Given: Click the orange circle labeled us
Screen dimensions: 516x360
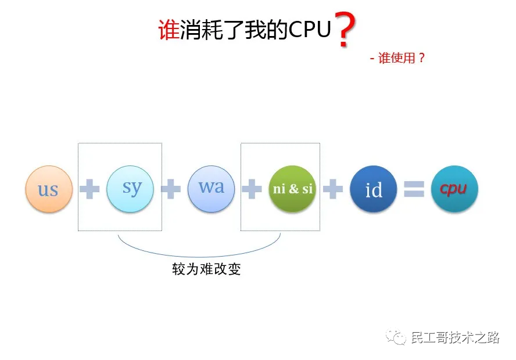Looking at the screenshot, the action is point(49,189).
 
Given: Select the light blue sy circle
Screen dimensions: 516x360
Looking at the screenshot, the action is point(130,189).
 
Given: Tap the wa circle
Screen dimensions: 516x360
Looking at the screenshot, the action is point(212,189).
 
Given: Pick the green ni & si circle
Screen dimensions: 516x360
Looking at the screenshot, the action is point(292,189).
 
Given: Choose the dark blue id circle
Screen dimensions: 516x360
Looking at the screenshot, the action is point(374,189).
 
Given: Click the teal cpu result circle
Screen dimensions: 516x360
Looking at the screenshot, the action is point(454,189).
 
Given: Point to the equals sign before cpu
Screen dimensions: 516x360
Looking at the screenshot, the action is point(414,189).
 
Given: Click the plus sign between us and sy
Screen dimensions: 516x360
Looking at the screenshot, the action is point(89,189).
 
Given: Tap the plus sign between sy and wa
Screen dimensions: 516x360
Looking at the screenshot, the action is point(171,189).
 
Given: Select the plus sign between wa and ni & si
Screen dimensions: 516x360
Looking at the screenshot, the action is point(252,189).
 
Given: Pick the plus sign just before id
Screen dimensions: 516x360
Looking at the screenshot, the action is point(333,189).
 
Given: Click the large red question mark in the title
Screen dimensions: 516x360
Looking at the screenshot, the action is point(345,30).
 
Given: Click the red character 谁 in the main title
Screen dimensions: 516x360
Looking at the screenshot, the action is point(169,30).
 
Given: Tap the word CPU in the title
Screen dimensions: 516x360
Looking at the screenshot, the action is point(310,30).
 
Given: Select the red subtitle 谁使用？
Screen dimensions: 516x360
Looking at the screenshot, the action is point(402,58).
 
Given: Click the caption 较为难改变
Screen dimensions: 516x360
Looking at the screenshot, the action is point(206,269).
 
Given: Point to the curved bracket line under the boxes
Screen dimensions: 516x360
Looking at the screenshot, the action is point(199,257).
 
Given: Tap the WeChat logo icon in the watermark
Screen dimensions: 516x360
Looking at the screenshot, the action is point(396,337).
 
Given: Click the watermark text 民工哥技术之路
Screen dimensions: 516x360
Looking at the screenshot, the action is point(455,337).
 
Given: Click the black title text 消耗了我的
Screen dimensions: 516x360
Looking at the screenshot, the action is point(234,30).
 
